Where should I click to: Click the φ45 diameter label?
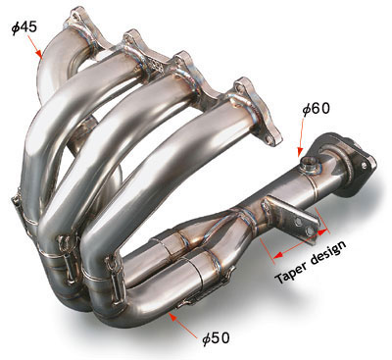coord(24,27)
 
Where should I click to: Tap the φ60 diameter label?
coord(316,109)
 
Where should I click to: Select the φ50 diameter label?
coord(216,338)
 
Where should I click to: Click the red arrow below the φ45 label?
coord(34,47)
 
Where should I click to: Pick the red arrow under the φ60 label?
coord(301,137)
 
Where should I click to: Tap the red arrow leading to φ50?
coord(183,325)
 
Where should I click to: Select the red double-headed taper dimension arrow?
coord(301,243)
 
